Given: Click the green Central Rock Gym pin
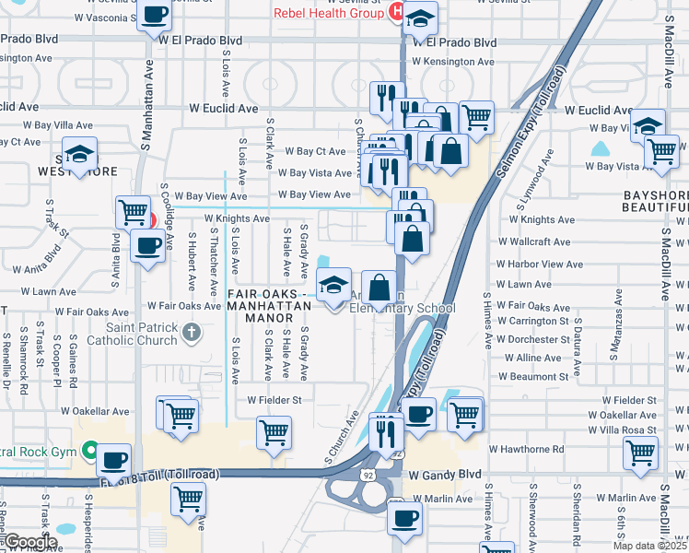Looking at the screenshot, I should tap(89, 452).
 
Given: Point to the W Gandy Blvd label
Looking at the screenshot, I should tap(446, 475).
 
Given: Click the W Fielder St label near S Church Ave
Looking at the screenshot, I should tap(274, 400).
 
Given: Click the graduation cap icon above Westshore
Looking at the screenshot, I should tap(80, 155).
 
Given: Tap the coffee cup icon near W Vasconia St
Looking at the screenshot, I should tap(155, 16).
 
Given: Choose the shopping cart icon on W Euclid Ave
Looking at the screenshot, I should tap(475, 117).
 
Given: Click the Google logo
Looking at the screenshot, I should tap(30, 542).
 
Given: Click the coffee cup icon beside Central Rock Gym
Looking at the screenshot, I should tap(113, 460).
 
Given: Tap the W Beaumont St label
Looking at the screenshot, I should tap(534, 377).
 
